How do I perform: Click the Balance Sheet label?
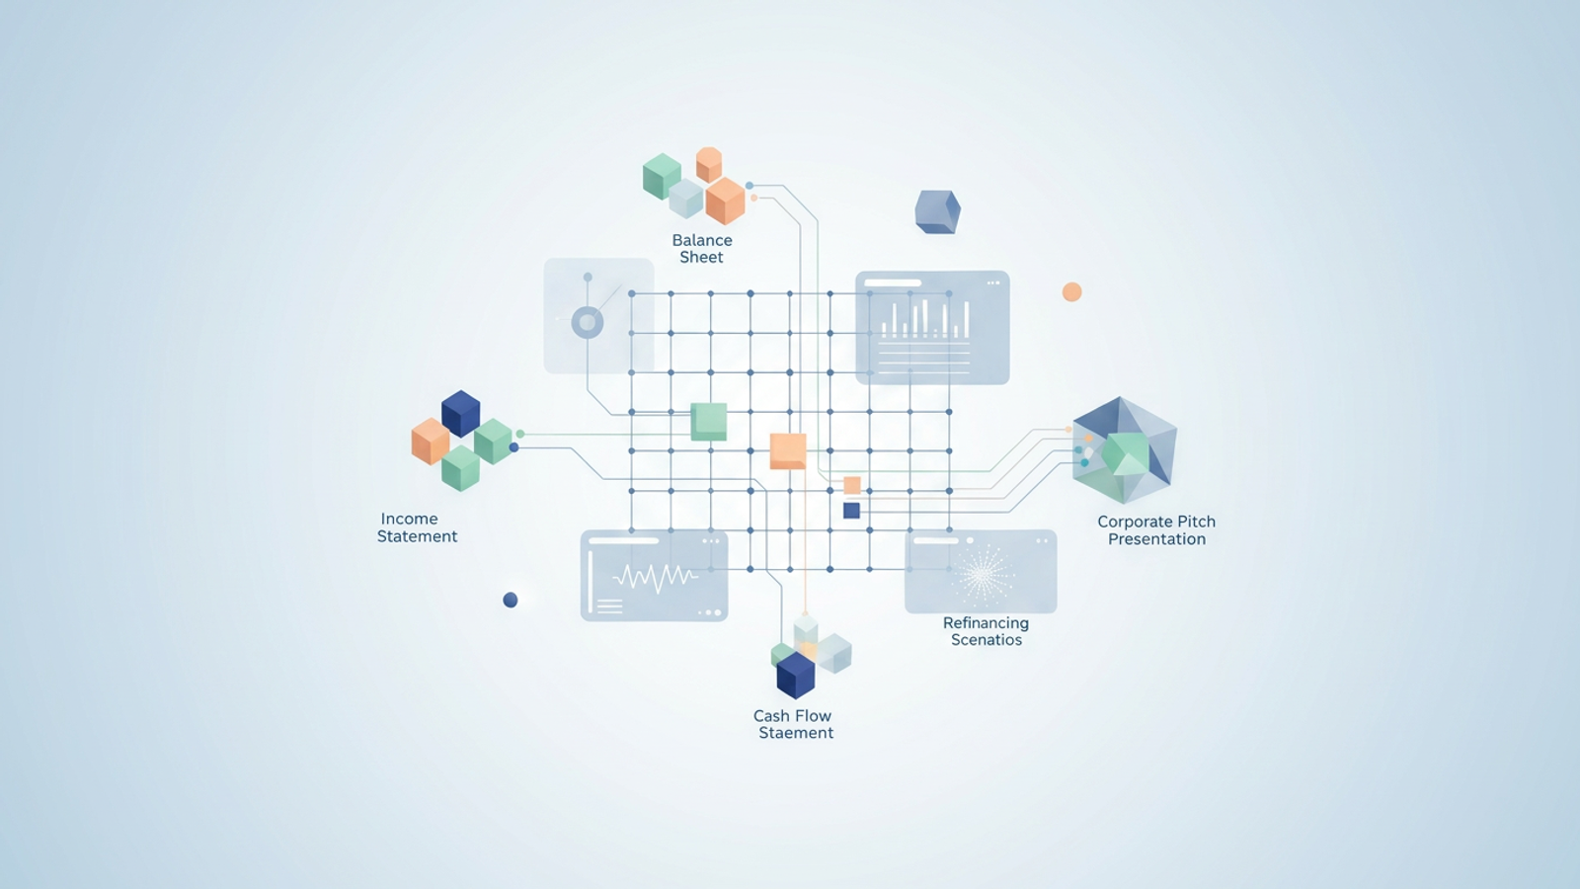(x=702, y=248)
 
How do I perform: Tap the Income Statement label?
(x=417, y=527)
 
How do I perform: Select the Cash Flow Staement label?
(x=794, y=724)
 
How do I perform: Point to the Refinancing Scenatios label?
(x=986, y=631)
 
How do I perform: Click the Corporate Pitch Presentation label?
(x=1156, y=530)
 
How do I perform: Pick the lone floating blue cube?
(x=937, y=211)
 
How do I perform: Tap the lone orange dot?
(x=1071, y=292)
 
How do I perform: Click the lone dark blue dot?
(x=511, y=600)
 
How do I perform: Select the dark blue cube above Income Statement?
(x=460, y=413)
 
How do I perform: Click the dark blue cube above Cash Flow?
(x=795, y=675)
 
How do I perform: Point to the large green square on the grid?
(x=708, y=422)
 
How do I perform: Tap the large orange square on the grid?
(x=787, y=450)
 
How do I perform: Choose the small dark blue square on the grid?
(x=851, y=511)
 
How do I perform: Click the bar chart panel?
(x=932, y=327)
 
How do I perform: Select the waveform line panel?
(x=654, y=576)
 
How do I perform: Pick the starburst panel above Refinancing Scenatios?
(x=981, y=572)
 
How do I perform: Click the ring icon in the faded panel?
(x=588, y=322)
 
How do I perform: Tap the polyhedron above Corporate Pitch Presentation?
(x=1124, y=450)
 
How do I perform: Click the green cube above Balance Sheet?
(x=662, y=176)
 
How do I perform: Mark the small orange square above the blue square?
(x=851, y=485)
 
